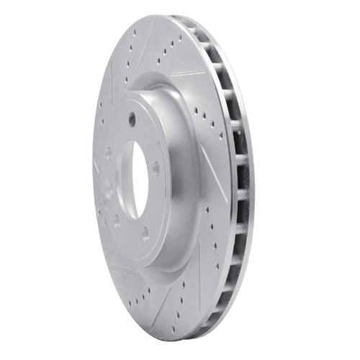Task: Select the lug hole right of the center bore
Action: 156,168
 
